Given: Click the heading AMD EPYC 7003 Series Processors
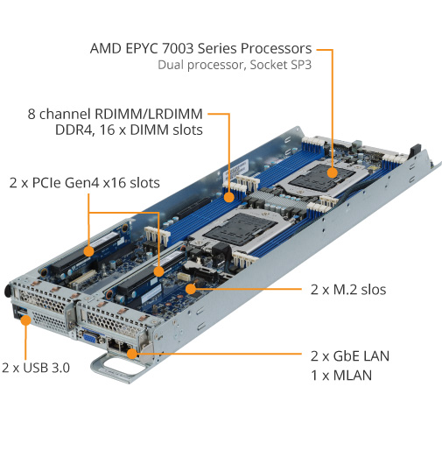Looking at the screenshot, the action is pos(200,48).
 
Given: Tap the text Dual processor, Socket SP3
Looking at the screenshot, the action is pos(235,65).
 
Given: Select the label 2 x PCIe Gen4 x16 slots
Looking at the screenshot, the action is pos(85,183).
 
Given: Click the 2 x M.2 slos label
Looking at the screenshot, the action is pos(348,290).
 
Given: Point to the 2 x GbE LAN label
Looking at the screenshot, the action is pos(350,356).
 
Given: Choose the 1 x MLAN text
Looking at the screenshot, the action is pos(341,376).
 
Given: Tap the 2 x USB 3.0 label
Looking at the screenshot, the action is pos(36,368).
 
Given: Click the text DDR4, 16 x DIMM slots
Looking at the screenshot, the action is pos(129,130).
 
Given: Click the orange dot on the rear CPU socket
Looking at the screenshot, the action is pos(333,172).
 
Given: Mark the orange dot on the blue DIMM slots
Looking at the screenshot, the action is pos(228,197).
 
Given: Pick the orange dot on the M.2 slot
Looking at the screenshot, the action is pos(191,289).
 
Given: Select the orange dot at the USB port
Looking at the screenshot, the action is pos(25,320).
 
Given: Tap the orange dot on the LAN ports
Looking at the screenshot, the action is pos(132,354).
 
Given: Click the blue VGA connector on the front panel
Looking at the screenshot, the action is pos(89,337).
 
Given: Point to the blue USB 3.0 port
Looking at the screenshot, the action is pos(19,313).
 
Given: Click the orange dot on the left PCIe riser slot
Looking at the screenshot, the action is pos(88,251).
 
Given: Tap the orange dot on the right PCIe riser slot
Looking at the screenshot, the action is pos(159,271).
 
